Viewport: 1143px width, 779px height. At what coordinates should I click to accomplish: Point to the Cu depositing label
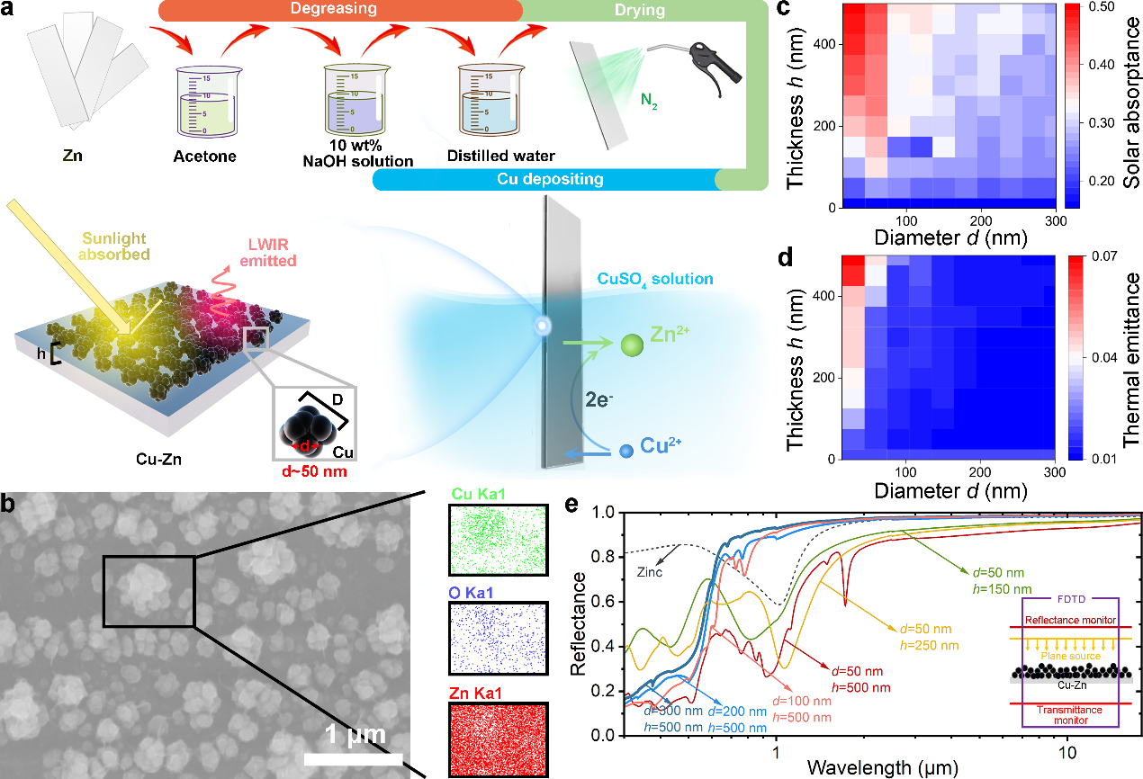550,180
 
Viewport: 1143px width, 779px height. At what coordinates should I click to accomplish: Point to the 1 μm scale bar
353,758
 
